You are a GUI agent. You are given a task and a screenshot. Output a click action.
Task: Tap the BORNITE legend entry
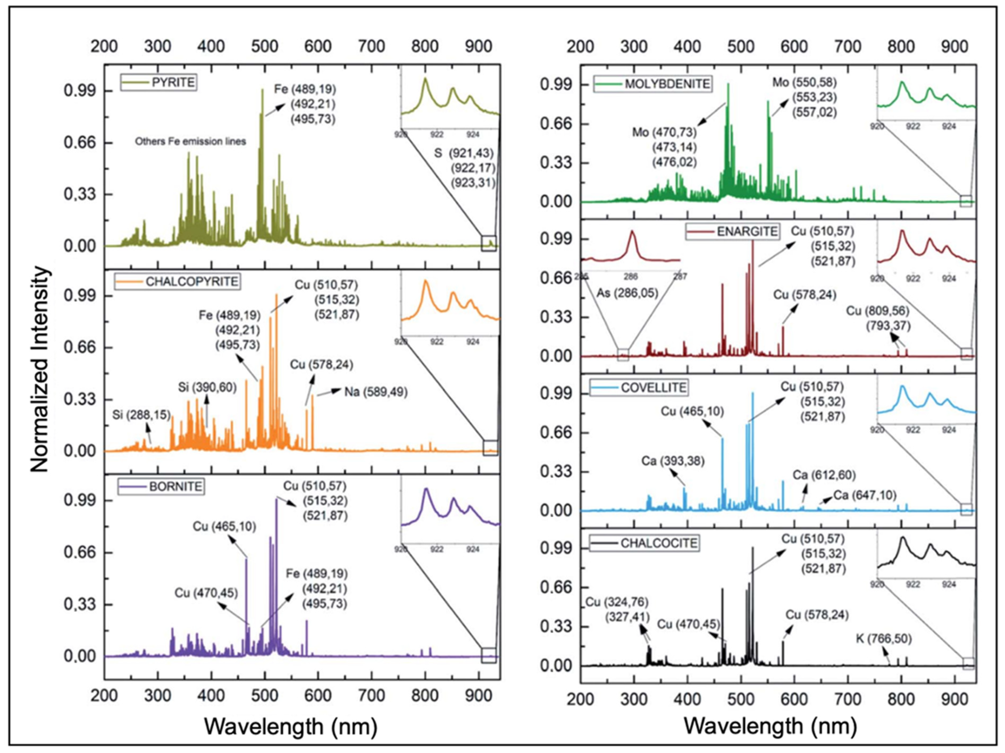[x=161, y=487]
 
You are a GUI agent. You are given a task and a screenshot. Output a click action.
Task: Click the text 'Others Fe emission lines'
[x=190, y=141]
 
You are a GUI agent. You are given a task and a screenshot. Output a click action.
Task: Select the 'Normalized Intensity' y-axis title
[x=40, y=369]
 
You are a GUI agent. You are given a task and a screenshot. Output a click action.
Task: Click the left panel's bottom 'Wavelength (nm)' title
[x=291, y=726]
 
